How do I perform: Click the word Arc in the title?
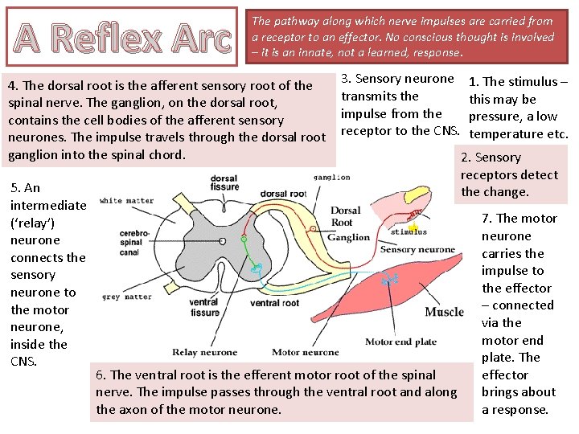tap(191, 38)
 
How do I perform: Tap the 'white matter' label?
tap(128, 200)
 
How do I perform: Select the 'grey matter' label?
tap(127, 297)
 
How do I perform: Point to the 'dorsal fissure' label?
tap(224, 183)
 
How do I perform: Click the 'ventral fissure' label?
tap(204, 308)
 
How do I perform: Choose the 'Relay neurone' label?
tap(205, 352)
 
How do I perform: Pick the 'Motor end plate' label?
tap(401, 342)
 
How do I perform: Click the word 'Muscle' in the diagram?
tap(445, 312)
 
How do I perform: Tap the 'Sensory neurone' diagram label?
tap(417, 250)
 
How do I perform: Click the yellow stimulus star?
tap(412, 228)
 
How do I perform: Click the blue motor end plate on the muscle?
tap(390, 280)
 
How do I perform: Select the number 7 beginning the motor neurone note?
tap(486, 219)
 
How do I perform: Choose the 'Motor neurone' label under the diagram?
tap(306, 352)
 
